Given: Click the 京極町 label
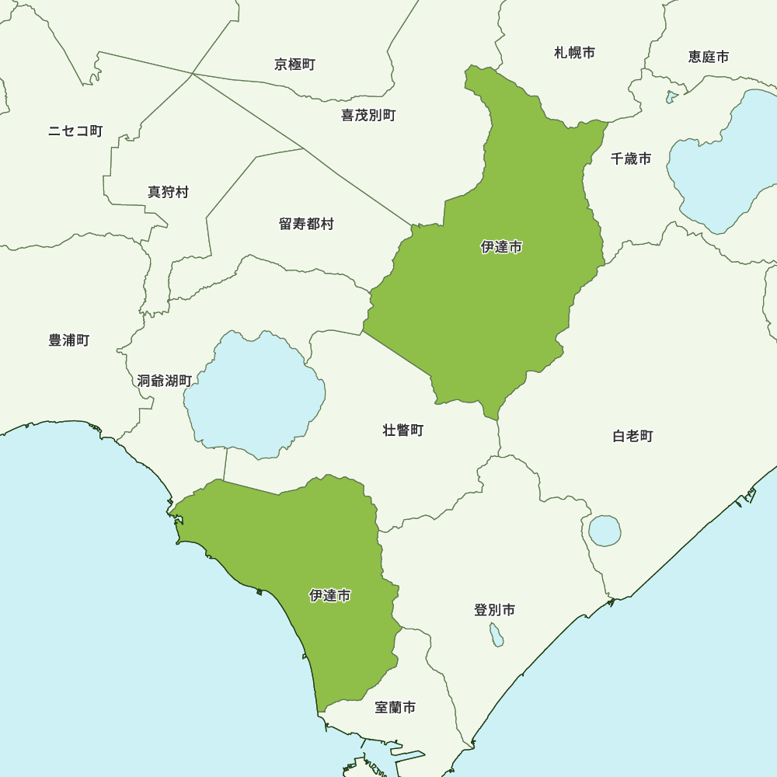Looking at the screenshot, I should coord(294,64).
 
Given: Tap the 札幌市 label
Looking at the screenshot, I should coord(575,53).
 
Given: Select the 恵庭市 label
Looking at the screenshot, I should coord(709,57).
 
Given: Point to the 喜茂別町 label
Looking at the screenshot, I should coord(368,115).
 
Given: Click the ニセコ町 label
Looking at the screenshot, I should coord(75,131).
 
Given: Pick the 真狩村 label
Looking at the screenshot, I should coord(168,192).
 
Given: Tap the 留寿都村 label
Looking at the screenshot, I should coord(306,224).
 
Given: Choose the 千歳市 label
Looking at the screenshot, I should coord(631,159).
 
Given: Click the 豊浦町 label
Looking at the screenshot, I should coord(69,340).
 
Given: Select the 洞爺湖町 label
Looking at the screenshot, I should coord(164,381).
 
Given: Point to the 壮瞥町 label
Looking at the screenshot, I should coord(403,430).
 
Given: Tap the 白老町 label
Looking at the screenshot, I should coord(632,436).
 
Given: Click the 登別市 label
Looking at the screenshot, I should coord(494,610).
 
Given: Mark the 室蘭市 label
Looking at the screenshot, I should coord(395,707).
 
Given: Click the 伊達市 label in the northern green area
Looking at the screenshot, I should coord(501,247).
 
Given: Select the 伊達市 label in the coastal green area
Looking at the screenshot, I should coord(329,596).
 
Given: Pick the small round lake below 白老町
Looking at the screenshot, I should coord(605,531).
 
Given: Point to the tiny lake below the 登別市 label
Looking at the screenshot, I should coord(496,636).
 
